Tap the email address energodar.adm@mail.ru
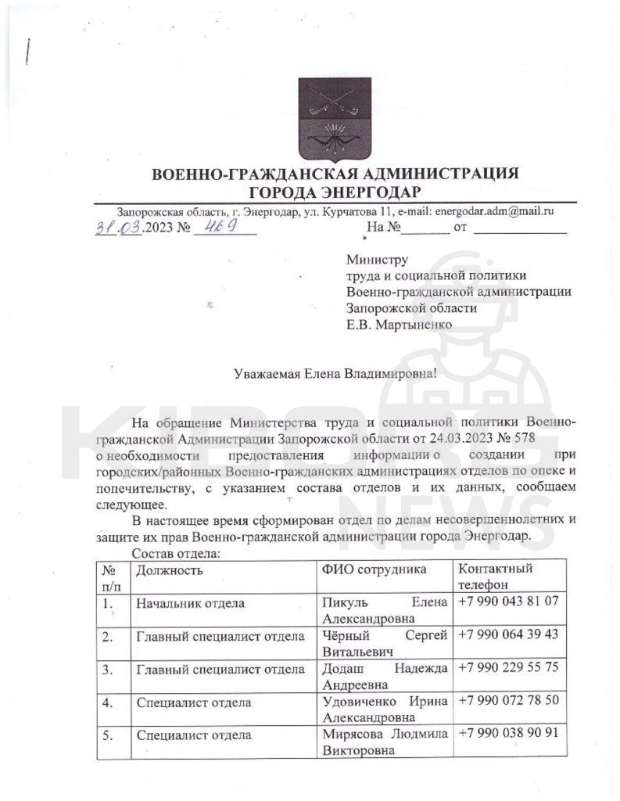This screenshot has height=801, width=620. coord(494,210)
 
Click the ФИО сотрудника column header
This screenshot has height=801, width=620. coord(374,569)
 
